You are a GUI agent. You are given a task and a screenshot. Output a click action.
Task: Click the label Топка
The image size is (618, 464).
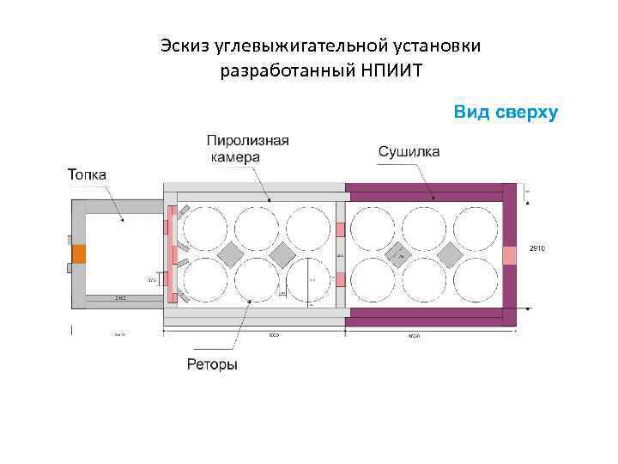point(87,174)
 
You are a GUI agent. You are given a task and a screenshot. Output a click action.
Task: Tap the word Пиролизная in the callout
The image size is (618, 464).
point(248,140)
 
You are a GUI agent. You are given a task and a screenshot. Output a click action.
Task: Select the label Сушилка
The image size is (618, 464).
point(409,152)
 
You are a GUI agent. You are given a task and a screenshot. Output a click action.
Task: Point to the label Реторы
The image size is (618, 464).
point(212,364)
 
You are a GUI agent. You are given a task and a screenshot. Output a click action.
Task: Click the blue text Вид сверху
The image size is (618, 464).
point(506,113)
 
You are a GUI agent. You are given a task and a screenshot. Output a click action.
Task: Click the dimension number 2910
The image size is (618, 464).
point(537,248)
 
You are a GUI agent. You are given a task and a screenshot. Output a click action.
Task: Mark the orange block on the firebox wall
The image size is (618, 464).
point(78,254)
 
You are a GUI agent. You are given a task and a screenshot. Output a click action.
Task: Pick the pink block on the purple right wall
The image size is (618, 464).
point(509,255)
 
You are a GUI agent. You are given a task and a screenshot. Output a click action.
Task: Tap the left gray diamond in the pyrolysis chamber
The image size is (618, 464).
point(231,253)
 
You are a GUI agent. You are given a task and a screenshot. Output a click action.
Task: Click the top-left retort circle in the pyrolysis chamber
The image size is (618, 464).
point(205,228)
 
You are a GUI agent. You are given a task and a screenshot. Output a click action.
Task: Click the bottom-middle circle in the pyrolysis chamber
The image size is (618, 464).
point(257,280)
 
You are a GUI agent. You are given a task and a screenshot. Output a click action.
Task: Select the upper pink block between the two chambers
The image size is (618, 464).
point(340,229)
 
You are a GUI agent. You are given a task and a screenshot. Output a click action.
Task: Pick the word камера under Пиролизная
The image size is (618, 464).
point(234,157)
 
